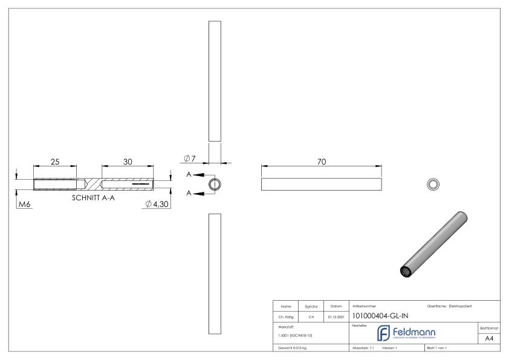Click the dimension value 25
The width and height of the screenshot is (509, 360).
click(x=55, y=162)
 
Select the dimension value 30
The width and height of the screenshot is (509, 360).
click(x=128, y=162)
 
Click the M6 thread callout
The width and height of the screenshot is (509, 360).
click(x=24, y=205)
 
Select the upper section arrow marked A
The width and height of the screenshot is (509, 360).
click(x=196, y=175)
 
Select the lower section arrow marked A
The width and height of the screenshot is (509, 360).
click(x=196, y=194)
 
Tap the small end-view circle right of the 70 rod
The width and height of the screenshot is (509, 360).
click(x=433, y=185)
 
